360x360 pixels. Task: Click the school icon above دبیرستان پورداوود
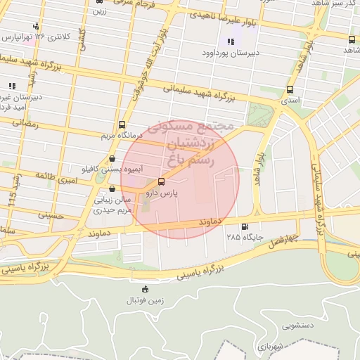click(231, 41)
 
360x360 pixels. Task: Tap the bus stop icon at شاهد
click(351, 39)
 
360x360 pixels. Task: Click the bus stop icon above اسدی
click(290, 90)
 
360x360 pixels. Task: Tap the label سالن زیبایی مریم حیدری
click(113, 205)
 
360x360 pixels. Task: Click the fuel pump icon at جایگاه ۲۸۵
click(244, 226)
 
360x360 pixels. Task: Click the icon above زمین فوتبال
click(145, 289)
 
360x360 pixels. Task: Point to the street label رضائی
click(20, 122)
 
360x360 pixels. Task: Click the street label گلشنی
click(82, 34)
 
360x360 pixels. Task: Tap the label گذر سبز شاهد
click(336, 4)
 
